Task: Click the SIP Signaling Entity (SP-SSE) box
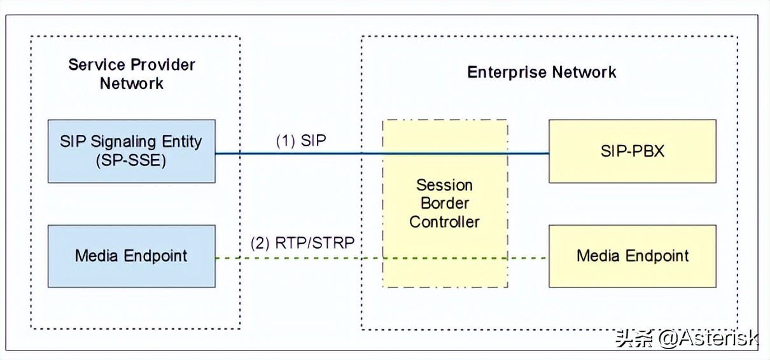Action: click(131, 151)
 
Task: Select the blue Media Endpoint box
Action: click(131, 256)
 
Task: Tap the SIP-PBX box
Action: click(632, 151)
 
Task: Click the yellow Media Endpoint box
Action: click(632, 256)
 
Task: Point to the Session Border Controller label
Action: click(444, 204)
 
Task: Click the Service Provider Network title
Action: click(132, 74)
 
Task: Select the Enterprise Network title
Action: click(542, 72)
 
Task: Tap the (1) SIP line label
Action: click(300, 141)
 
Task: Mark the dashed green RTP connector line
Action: click(299, 258)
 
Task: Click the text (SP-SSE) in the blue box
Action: click(131, 161)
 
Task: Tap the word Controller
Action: click(444, 222)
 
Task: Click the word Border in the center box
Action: click(444, 204)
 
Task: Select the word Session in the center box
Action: click(444, 185)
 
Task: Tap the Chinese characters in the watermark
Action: click(634, 338)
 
